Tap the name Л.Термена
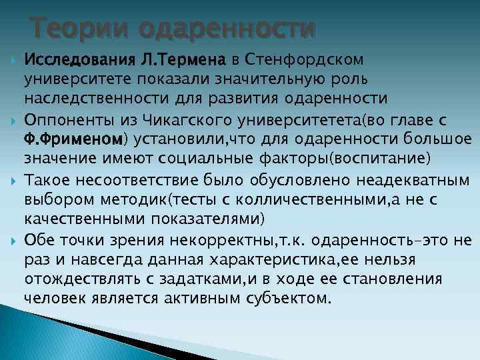(x=181, y=61)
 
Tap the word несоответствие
(x=131, y=179)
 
